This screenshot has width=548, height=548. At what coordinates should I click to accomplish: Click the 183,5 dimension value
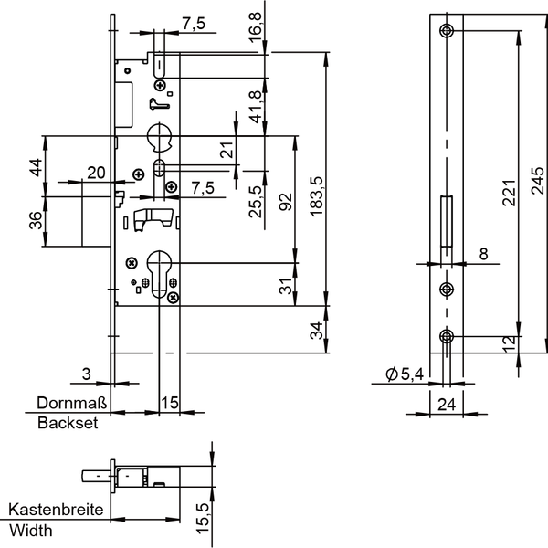(x=318, y=196)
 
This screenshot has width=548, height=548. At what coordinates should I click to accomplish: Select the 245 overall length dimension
(x=538, y=180)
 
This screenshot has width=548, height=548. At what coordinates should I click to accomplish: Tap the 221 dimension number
(x=510, y=193)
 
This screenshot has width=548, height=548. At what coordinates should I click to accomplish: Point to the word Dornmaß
(x=72, y=403)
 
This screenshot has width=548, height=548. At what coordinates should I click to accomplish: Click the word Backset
(x=68, y=423)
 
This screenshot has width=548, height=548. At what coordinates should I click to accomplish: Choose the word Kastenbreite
(x=56, y=510)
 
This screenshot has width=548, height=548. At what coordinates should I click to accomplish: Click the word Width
(x=31, y=531)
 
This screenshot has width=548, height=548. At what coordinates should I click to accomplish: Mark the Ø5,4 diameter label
(x=405, y=374)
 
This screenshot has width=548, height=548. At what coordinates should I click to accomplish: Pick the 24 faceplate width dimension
(x=447, y=405)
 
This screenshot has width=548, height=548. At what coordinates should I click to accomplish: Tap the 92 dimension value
(x=286, y=202)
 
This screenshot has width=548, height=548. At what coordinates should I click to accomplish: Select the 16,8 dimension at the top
(x=256, y=27)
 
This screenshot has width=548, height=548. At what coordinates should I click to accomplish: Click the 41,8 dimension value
(x=256, y=107)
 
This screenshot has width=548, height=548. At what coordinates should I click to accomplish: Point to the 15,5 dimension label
(x=203, y=519)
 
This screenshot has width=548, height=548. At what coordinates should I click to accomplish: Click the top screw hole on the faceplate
(x=447, y=31)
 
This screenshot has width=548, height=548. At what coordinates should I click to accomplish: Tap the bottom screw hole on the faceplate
(x=447, y=336)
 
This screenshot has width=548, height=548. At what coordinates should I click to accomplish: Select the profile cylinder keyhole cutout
(x=159, y=274)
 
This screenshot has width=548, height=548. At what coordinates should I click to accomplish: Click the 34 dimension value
(x=317, y=331)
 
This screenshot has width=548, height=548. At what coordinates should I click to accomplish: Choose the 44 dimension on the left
(x=36, y=167)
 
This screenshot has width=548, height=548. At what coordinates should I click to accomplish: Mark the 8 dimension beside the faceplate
(x=484, y=254)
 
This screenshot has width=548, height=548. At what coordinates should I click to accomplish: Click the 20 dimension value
(x=96, y=173)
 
